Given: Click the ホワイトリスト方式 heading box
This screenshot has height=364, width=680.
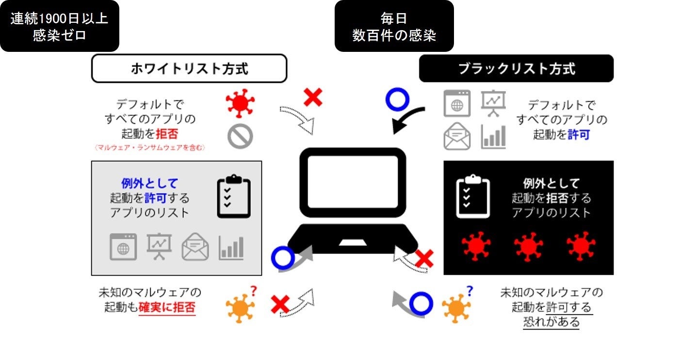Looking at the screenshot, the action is [x=189, y=68].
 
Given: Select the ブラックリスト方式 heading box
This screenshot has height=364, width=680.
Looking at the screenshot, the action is [x=516, y=68].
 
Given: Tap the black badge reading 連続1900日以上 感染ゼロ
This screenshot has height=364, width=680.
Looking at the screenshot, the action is [x=59, y=26].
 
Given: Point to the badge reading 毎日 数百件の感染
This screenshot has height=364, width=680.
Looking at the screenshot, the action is [x=394, y=26].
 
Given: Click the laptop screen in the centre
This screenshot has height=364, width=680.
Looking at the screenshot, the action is [x=353, y=181].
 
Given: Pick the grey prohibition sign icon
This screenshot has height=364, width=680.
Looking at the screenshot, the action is [x=240, y=136].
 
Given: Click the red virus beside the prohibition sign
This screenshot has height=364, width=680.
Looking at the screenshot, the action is [x=240, y=103].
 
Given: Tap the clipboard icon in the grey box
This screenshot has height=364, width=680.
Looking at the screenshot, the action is [x=234, y=196].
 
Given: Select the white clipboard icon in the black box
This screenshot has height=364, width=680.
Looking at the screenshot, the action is [x=473, y=196].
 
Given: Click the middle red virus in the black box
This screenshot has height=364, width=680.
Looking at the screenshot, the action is [x=528, y=247].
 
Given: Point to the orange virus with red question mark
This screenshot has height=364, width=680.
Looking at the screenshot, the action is [x=241, y=307].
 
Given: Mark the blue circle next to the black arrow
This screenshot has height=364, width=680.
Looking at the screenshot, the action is [x=397, y=99].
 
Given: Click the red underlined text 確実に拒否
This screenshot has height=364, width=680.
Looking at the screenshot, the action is [x=167, y=307].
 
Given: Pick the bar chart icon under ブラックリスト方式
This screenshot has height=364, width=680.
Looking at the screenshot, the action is [x=493, y=137].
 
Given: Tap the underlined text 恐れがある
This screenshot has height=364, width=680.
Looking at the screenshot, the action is [x=551, y=321].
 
